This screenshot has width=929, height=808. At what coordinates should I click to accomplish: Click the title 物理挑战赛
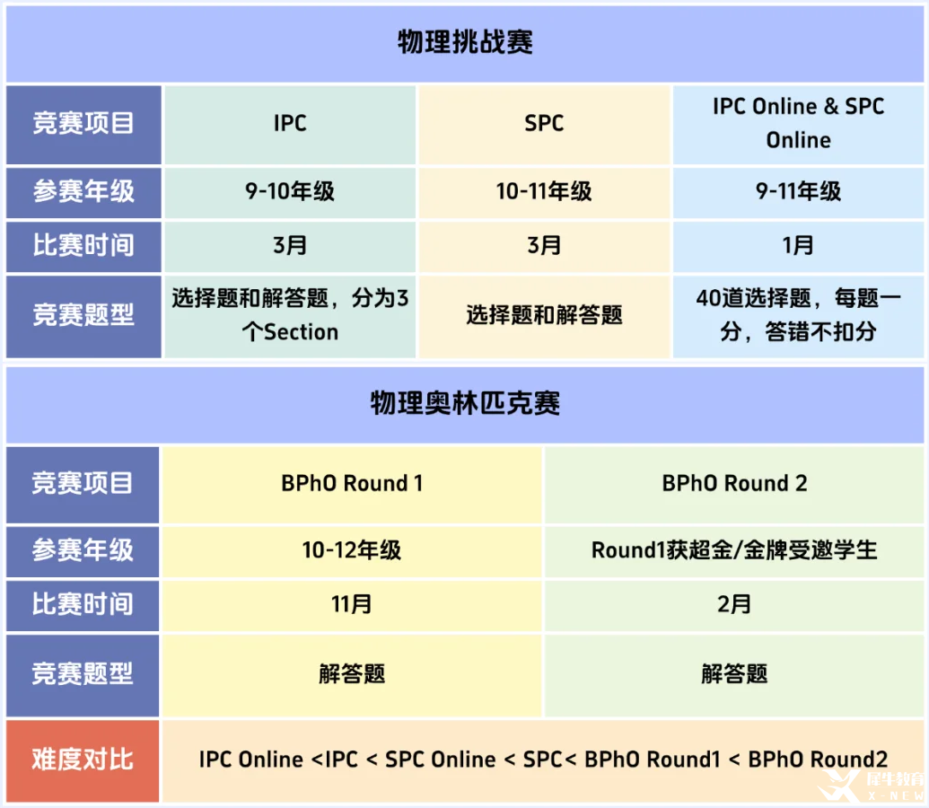[x=465, y=42]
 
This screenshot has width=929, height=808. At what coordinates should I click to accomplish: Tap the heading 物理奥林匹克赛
[x=465, y=403]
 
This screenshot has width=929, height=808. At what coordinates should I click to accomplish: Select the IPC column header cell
[x=290, y=124]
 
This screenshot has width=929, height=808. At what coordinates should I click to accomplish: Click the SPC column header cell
[x=544, y=124]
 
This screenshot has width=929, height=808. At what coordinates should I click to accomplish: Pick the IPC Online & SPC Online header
[x=798, y=124]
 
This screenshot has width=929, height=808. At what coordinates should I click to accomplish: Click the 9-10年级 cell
[x=290, y=192]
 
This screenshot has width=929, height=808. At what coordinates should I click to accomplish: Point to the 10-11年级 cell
[x=544, y=192]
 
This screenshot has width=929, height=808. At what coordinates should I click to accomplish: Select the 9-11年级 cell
[x=798, y=192]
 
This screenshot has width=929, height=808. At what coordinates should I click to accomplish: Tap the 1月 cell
[x=798, y=246]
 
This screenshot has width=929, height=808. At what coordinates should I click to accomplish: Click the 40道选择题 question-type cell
[x=798, y=316]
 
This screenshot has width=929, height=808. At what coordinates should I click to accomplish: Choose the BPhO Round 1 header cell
[x=351, y=484]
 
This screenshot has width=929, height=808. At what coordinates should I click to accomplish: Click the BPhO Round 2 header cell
[x=734, y=484]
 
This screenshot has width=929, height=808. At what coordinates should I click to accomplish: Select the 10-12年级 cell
[x=351, y=551]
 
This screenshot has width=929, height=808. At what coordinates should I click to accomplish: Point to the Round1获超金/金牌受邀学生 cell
[x=734, y=551]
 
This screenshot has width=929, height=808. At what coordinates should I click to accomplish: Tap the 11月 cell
[x=351, y=605]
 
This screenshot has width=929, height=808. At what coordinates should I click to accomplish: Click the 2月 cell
[x=734, y=605]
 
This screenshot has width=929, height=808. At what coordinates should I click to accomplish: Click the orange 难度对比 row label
[x=83, y=760]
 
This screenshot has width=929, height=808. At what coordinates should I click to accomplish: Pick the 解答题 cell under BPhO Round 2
[x=734, y=675]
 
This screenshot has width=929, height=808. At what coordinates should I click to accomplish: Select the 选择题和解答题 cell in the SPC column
[x=544, y=316]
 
